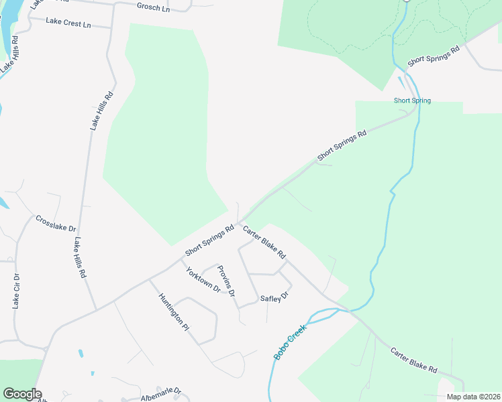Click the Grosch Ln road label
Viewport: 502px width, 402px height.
[152, 7]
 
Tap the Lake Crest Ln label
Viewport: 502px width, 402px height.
[68, 23]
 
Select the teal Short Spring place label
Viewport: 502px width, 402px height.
[412, 101]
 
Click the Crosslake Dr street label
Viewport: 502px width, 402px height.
[56, 223]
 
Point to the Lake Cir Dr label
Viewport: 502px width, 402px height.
[17, 291]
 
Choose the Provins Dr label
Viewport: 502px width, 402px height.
[226, 281]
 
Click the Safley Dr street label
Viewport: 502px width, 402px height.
[274, 297]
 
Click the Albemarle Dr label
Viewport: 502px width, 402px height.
[161, 393]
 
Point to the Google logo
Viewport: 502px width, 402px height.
[22, 394]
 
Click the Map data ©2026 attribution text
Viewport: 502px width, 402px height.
[473, 397]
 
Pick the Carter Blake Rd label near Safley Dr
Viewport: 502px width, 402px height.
[264, 243]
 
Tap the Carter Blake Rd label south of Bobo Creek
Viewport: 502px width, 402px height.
[414, 360]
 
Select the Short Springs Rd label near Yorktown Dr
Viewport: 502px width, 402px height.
[209, 240]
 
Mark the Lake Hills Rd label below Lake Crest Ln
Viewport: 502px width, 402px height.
[102, 110]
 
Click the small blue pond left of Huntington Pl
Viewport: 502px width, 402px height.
[81, 352]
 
